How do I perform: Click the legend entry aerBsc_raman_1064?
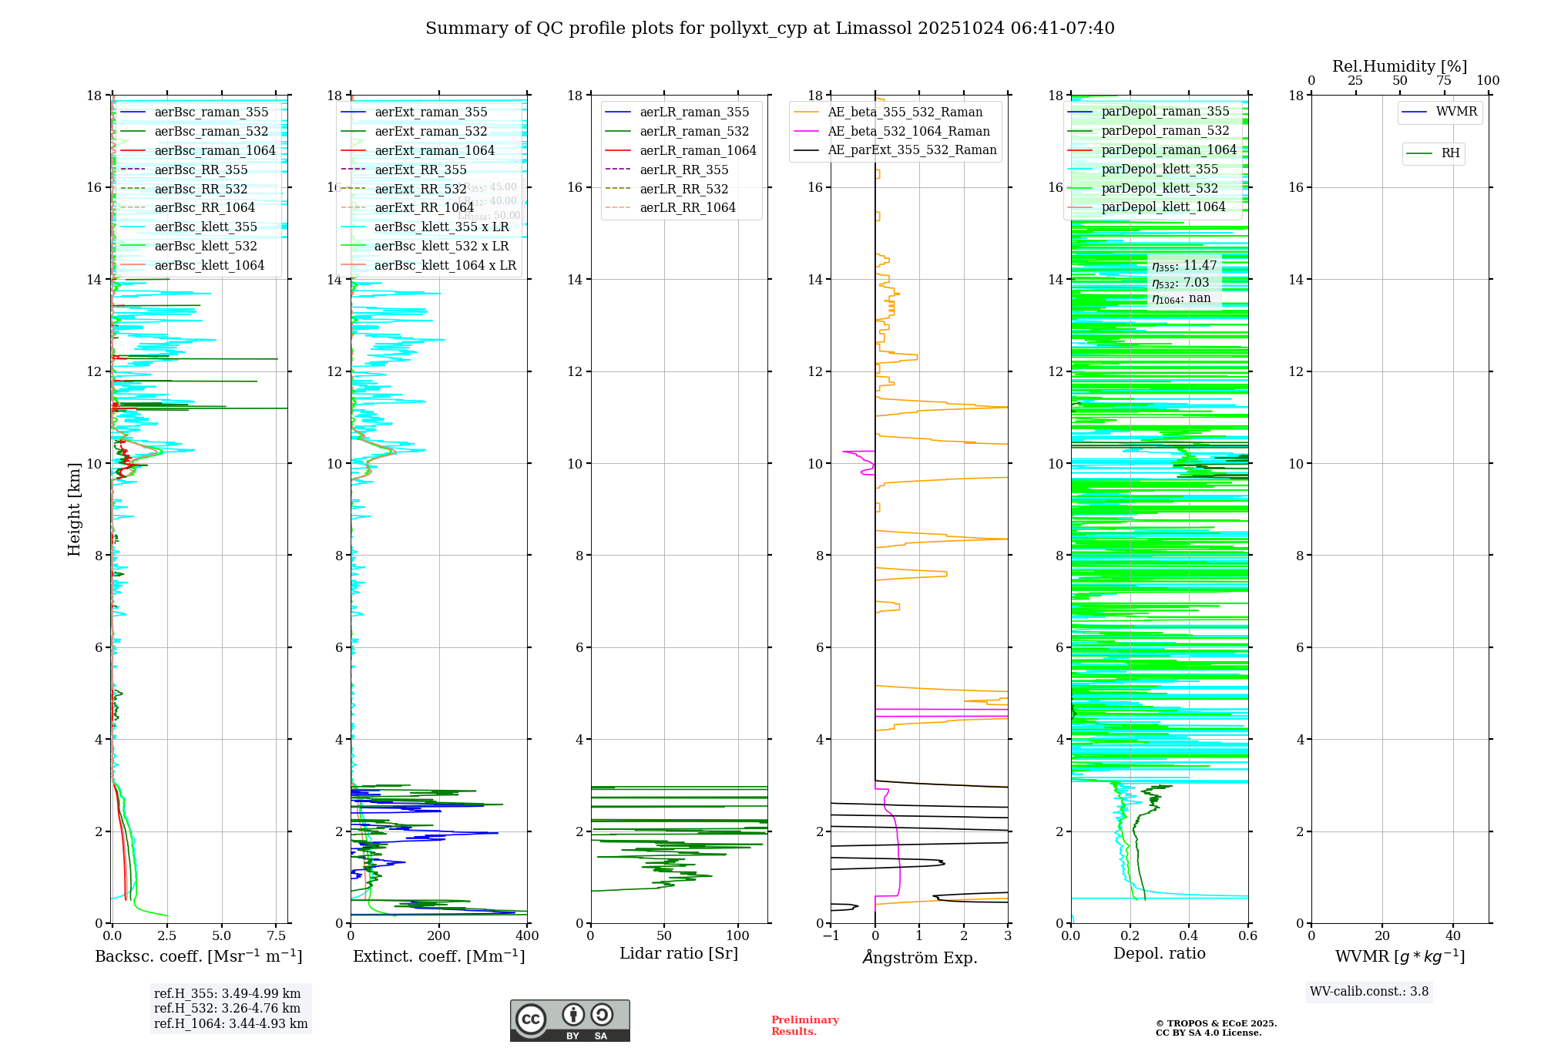pos(214,150)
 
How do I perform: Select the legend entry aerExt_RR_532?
pos(420,189)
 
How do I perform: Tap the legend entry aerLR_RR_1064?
pos(687,207)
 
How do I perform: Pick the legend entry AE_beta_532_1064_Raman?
pos(908,131)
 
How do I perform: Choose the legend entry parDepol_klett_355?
pos(1159,169)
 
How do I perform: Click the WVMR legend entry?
pos(1455,112)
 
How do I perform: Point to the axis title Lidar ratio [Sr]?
pos(678,953)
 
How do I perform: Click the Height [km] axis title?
pos(74,509)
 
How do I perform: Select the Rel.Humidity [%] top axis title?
pos(1399,66)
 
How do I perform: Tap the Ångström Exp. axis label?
pos(919,957)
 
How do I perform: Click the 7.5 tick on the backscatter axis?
pos(277,936)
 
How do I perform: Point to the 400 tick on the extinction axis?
pos(527,936)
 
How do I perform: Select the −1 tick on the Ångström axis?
pos(831,936)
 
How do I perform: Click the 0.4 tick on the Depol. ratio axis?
pos(1189,936)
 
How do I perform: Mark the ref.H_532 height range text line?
pos(227,1008)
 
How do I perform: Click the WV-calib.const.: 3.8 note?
pos(1368,991)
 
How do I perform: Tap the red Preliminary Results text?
pos(804,1026)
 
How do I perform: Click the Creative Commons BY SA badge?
pos(569,1020)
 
